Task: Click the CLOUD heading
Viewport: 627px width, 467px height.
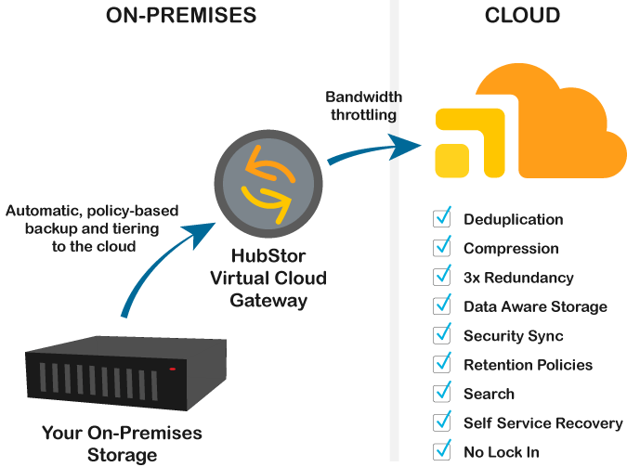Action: click(522, 16)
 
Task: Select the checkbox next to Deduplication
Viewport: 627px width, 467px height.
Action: click(442, 220)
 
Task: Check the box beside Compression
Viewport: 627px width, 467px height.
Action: click(442, 249)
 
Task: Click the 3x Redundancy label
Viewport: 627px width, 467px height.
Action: click(518, 278)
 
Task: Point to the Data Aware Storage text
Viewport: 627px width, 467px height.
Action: click(535, 306)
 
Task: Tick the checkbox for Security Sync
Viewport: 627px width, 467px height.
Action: click(442, 336)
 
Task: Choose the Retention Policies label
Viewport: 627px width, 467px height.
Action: click(528, 365)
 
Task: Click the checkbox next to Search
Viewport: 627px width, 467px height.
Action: click(442, 395)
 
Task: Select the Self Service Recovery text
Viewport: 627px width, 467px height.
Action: click(542, 423)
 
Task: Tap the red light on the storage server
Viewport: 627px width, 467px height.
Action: click(172, 370)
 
